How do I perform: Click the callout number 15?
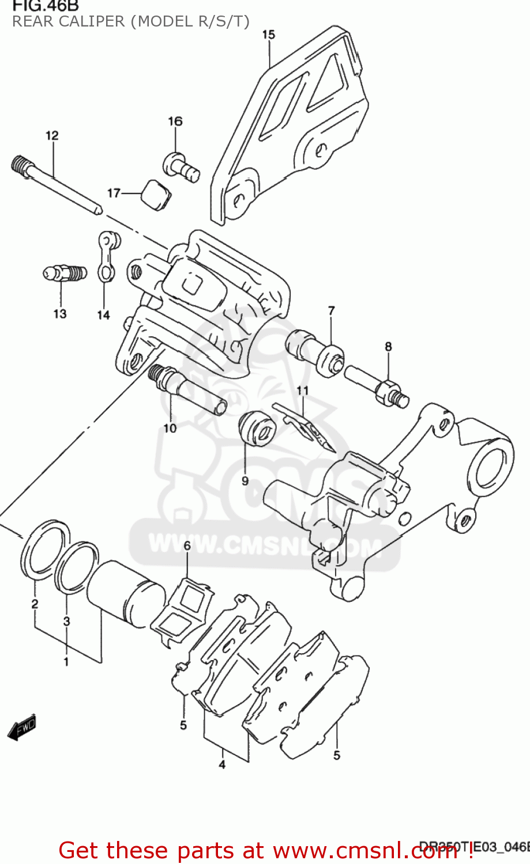click(269, 35)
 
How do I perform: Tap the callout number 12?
click(52, 135)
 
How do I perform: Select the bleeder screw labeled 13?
click(65, 272)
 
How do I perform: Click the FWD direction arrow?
click(22, 728)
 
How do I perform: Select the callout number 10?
click(170, 428)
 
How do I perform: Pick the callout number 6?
click(187, 545)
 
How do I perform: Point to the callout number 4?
click(222, 764)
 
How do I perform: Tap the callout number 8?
click(388, 346)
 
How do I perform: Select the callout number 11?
click(303, 391)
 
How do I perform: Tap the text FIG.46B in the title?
click(46, 6)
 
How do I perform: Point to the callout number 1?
click(66, 662)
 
